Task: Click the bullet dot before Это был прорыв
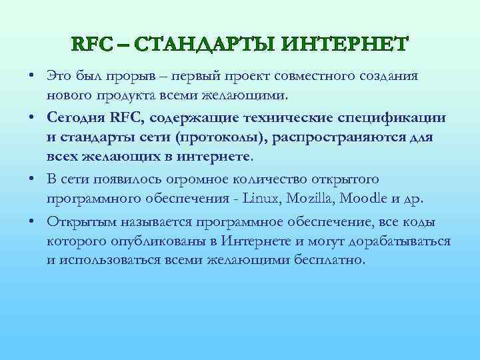32,77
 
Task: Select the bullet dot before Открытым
32,222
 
